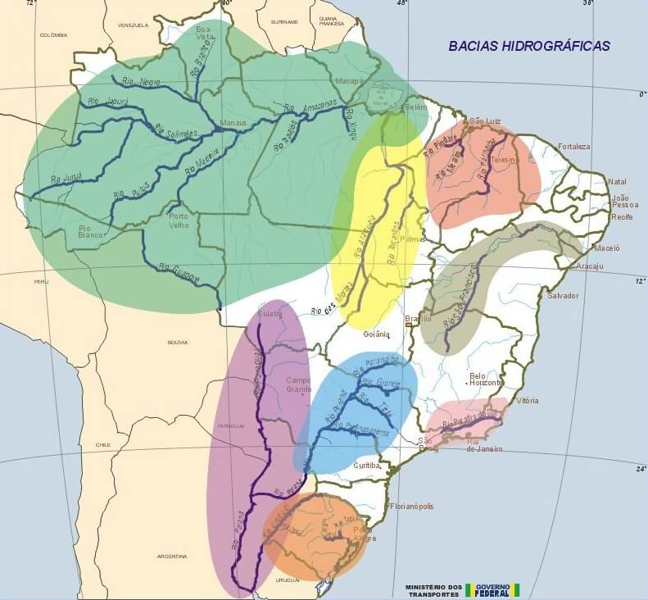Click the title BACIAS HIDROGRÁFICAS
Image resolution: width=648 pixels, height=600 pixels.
point(528,46)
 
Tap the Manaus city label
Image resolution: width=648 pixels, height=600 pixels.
point(233,123)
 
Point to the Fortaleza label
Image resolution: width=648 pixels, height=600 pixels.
point(573,147)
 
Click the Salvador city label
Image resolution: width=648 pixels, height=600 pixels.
point(562,295)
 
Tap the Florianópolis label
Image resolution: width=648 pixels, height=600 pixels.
point(413,506)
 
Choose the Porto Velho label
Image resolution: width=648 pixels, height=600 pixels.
point(179,220)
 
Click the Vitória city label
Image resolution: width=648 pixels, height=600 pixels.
point(528,401)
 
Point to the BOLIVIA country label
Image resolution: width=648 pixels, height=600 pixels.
point(177,341)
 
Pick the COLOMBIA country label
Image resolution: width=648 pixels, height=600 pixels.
point(52,35)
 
